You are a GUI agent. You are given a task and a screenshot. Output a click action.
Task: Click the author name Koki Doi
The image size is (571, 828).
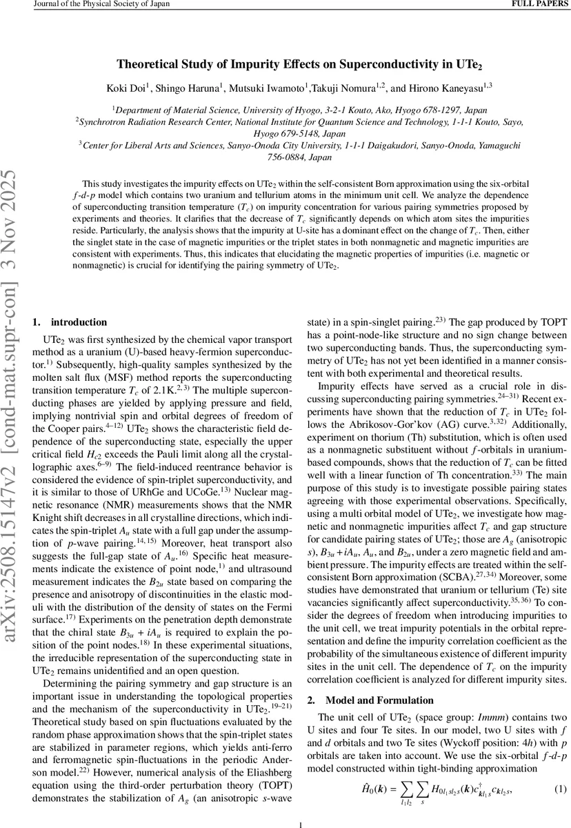coord(130,87)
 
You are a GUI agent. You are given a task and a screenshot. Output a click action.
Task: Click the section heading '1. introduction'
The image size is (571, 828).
coord(70,322)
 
